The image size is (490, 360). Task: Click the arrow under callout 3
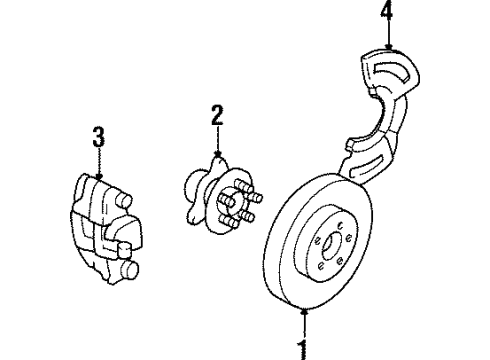[98, 171]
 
